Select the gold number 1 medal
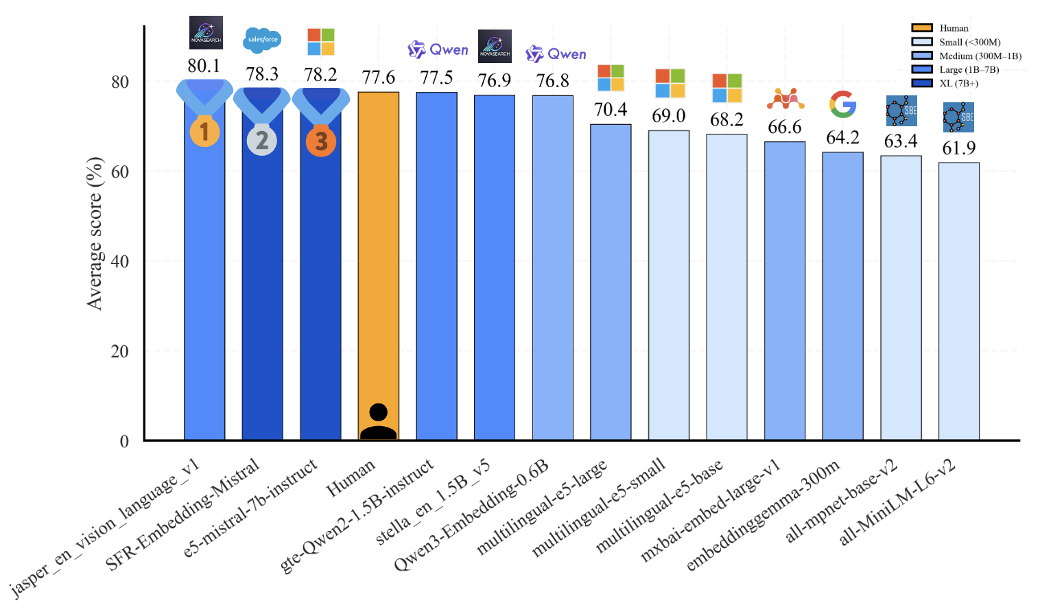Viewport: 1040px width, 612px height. click(x=204, y=131)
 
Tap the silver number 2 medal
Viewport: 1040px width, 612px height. click(x=262, y=140)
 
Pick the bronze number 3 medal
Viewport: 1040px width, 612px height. click(x=320, y=141)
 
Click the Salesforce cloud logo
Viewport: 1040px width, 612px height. click(x=262, y=40)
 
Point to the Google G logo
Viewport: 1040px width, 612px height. click(x=843, y=104)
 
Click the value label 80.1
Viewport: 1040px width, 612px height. click(x=204, y=66)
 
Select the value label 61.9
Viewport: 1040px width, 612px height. click(x=958, y=148)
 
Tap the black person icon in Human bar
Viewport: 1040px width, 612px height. click(x=378, y=422)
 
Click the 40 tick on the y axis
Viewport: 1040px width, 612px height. click(x=119, y=261)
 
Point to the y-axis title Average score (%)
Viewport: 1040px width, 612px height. click(x=95, y=233)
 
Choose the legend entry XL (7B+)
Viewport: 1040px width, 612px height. click(x=958, y=84)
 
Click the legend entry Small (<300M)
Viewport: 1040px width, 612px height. click(x=969, y=43)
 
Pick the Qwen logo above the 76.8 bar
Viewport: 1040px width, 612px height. click(x=556, y=54)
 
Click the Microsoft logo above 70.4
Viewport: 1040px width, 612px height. click(x=611, y=78)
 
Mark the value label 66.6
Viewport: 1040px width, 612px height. click(x=784, y=128)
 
